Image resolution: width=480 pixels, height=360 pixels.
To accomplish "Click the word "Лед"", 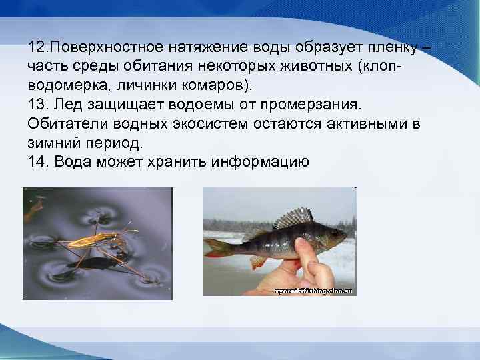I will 73,105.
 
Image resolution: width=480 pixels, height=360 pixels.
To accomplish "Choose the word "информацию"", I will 259,161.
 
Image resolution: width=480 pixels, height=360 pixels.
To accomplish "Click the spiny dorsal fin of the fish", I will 294,219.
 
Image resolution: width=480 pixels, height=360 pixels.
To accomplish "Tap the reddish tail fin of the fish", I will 216,247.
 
